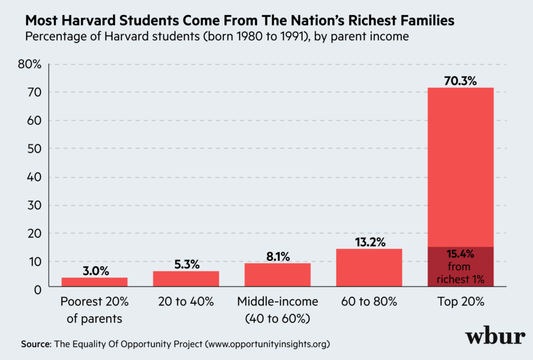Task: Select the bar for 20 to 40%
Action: point(185,279)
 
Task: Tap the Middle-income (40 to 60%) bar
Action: point(277,274)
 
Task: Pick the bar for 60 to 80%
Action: point(369,267)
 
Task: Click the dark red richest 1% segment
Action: point(461,266)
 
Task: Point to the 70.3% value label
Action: point(461,81)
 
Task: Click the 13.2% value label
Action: point(369,242)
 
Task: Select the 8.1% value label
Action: point(277,257)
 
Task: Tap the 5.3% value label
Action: point(185,264)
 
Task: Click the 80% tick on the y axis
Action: point(29,64)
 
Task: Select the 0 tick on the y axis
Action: point(37,290)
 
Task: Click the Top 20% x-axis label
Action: point(461,302)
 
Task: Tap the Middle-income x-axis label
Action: point(277,302)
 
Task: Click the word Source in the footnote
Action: point(34,344)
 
